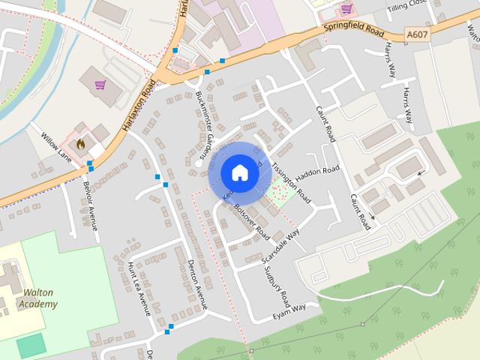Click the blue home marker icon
[239, 173]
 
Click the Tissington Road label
[291, 183]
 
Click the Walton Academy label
[40, 298]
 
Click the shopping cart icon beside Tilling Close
[346, 8]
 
